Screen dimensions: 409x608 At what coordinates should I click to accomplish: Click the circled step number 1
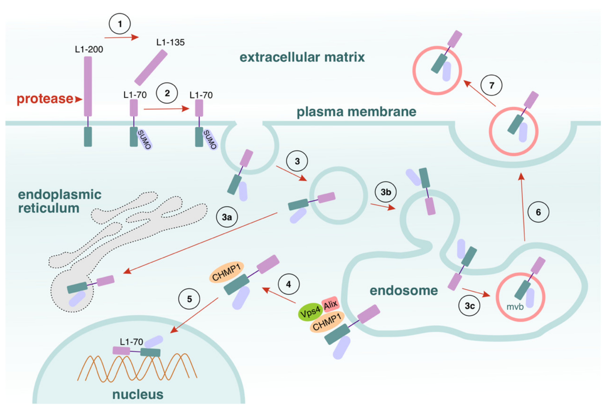(x=120, y=24)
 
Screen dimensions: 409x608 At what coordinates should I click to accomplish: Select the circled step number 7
(x=491, y=85)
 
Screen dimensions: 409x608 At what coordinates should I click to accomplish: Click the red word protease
(x=45, y=99)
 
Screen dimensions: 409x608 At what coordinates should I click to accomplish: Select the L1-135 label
(x=170, y=42)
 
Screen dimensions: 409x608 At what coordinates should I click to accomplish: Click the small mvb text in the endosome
(x=515, y=307)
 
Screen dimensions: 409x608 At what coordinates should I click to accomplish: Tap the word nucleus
(x=138, y=394)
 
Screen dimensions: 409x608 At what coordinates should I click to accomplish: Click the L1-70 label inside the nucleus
(x=131, y=342)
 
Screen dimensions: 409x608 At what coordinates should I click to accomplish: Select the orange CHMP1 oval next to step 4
(x=226, y=272)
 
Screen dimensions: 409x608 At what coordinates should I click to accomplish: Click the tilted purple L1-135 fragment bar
(x=151, y=67)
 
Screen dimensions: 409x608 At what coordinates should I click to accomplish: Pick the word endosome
(x=404, y=291)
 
